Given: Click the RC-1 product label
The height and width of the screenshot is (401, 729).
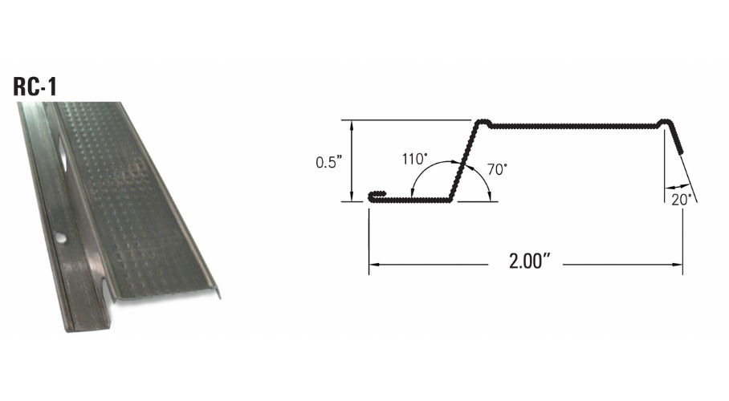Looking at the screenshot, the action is click(x=35, y=87).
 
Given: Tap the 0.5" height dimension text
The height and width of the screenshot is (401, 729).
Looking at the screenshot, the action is click(x=328, y=162).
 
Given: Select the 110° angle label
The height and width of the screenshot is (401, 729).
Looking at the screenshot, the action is click(x=415, y=159).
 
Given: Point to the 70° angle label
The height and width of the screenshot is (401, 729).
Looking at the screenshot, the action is click(x=497, y=169).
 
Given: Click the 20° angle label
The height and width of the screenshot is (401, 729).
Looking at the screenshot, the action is click(x=681, y=200).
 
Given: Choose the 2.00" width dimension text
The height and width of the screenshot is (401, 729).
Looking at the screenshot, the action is click(x=529, y=261).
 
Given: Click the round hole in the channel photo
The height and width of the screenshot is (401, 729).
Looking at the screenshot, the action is click(x=60, y=238).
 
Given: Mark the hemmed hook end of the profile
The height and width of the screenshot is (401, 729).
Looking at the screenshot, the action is click(x=377, y=196).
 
